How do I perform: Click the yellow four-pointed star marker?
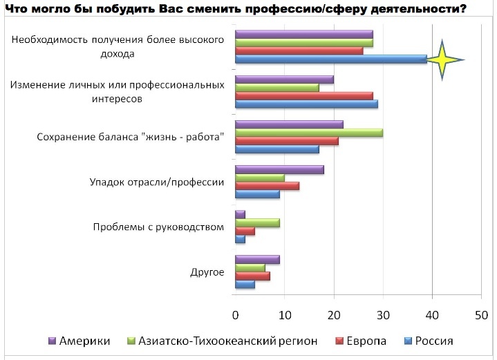(443, 59)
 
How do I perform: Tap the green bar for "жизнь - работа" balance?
(308, 133)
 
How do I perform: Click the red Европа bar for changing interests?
(303, 96)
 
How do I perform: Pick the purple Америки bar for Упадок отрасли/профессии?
(279, 169)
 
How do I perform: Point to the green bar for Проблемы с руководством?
(257, 222)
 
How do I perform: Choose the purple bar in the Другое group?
(257, 259)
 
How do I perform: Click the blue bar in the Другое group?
(245, 284)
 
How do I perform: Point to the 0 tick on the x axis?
(235, 316)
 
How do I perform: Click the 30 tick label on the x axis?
(384, 316)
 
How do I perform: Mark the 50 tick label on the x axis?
(482, 316)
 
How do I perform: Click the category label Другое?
(207, 272)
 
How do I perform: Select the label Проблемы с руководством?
(159, 227)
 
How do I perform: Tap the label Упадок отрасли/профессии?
(158, 182)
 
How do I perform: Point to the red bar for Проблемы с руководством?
(245, 231)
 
